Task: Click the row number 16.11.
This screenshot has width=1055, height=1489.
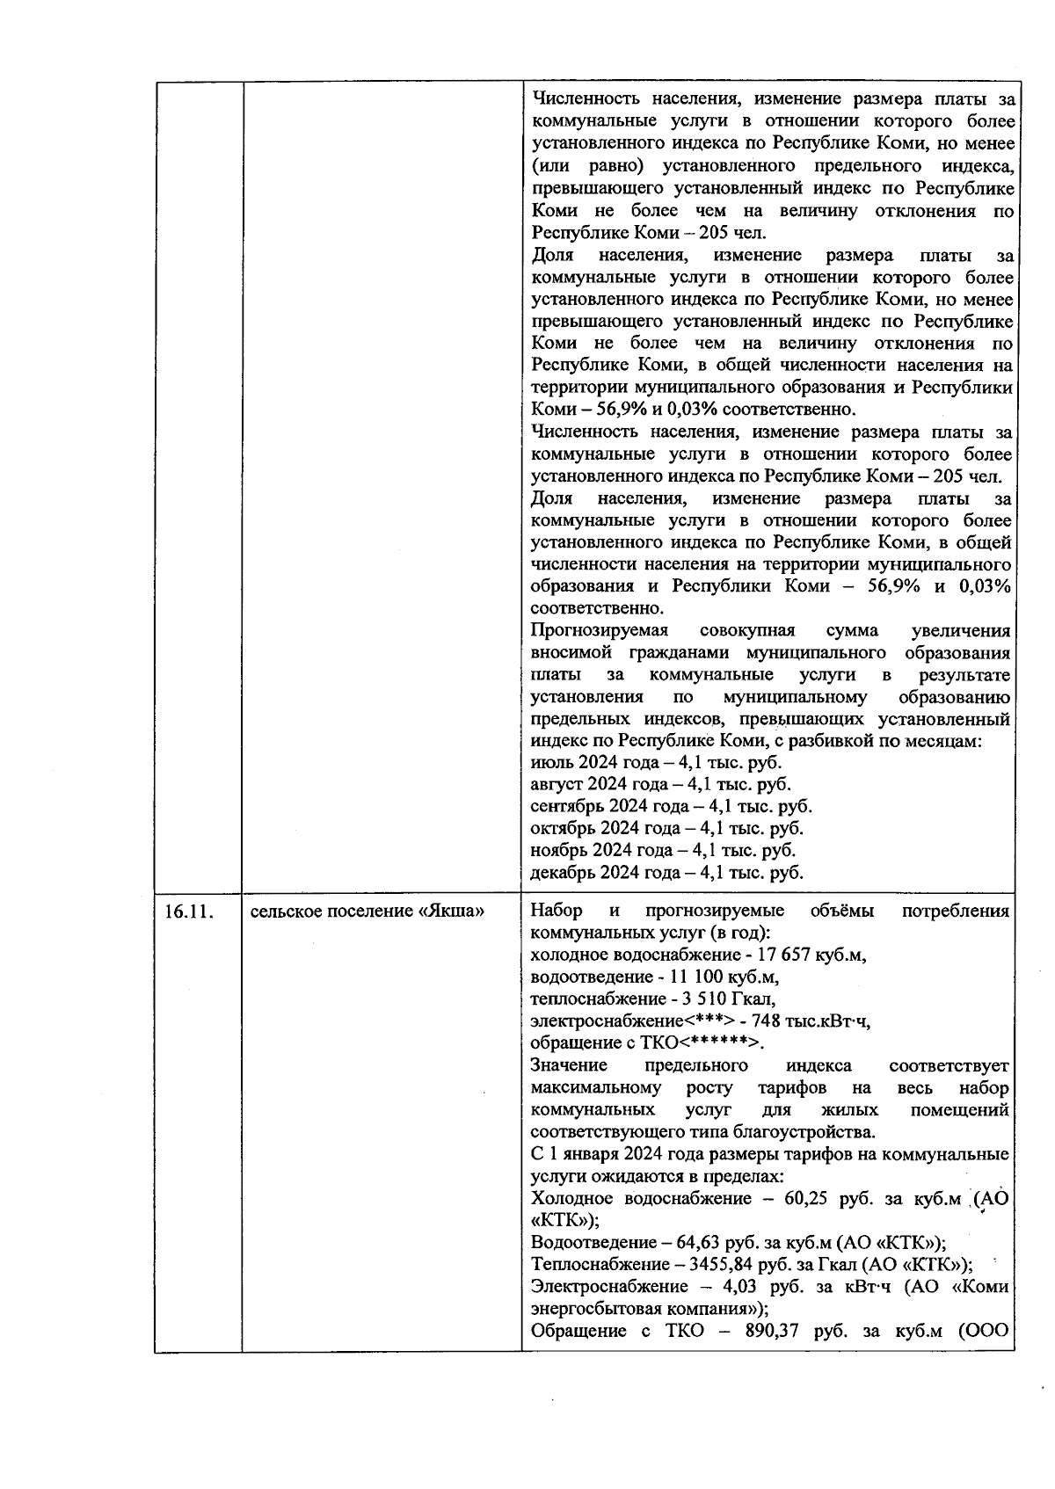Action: [x=189, y=911]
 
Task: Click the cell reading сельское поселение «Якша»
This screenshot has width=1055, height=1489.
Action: [x=367, y=911]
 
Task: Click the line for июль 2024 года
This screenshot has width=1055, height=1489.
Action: [x=656, y=762]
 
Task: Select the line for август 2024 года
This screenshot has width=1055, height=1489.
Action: [x=660, y=784]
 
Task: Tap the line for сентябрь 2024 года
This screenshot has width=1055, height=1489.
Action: [x=671, y=806]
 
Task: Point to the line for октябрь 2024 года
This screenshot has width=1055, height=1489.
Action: [x=666, y=828]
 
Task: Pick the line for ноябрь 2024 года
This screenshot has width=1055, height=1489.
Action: [x=663, y=850]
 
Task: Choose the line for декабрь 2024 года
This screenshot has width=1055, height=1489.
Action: [x=666, y=872]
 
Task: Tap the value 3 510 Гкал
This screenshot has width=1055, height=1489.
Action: [x=731, y=999]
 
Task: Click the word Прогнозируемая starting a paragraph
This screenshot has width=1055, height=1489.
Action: [x=600, y=630]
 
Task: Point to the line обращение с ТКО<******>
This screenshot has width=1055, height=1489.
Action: [x=647, y=1042]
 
